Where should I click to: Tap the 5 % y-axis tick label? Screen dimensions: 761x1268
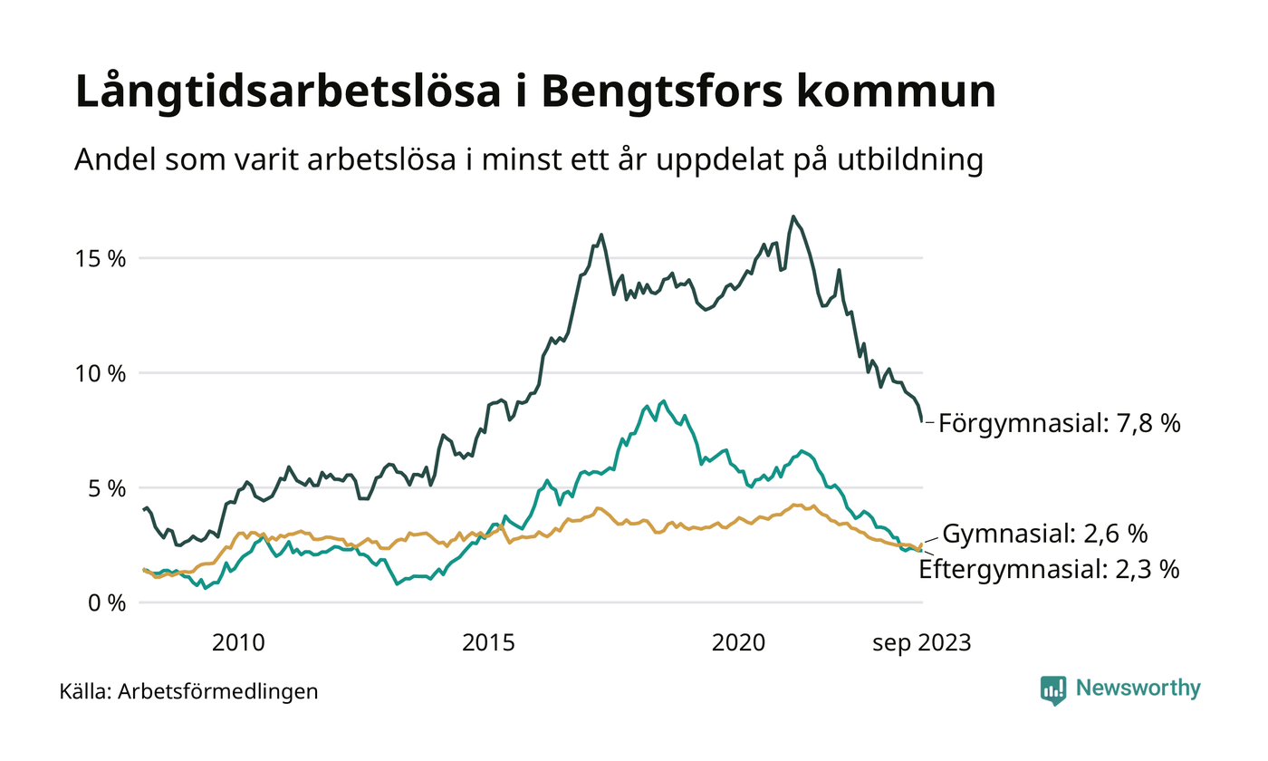click(x=105, y=488)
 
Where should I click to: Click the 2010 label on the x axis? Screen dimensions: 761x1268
click(x=238, y=643)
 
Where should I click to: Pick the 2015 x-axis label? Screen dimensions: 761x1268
click(x=489, y=643)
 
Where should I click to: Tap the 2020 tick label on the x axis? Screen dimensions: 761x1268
click(x=739, y=643)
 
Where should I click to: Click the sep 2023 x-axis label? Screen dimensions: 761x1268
click(x=921, y=643)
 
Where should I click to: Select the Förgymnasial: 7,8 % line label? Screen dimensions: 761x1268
click(x=1060, y=423)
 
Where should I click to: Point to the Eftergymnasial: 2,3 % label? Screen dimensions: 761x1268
click(x=1049, y=569)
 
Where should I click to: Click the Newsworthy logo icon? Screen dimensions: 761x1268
click(x=1053, y=689)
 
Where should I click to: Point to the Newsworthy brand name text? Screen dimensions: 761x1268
click(x=1138, y=689)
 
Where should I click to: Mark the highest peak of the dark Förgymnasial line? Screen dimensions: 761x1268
click(x=793, y=217)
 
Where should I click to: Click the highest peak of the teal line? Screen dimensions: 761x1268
click(x=664, y=400)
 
